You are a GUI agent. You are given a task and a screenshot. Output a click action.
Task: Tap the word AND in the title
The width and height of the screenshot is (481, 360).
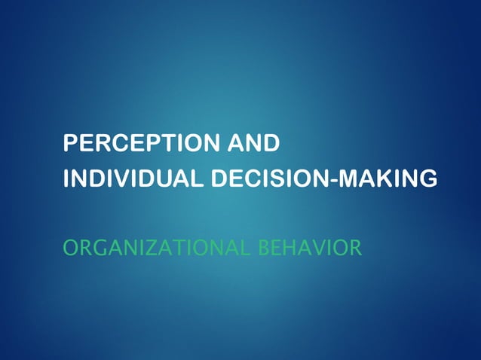[253, 142]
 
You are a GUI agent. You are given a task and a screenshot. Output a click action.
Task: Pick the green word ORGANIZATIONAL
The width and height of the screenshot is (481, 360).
[158, 247]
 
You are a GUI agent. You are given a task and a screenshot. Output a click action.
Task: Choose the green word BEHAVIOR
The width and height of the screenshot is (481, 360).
[310, 247]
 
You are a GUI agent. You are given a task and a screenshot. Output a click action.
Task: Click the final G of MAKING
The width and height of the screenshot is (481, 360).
[427, 179]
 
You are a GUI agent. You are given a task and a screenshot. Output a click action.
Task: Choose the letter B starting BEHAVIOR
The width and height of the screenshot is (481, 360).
[263, 247]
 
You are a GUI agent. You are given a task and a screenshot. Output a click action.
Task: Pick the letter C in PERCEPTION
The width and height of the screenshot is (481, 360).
[126, 142]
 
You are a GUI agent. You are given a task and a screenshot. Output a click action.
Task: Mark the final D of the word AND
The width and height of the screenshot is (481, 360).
[271, 142]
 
